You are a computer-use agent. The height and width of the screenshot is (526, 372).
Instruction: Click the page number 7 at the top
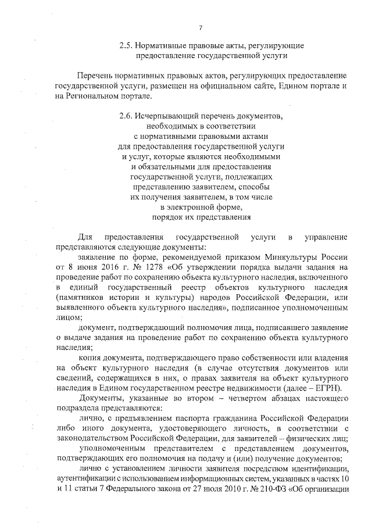pyautogui.click(x=200, y=28)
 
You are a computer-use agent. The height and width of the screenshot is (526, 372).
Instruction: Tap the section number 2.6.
pyautogui.click(x=127, y=116)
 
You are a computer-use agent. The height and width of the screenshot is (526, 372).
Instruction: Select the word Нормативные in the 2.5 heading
pyautogui.click(x=162, y=45)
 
